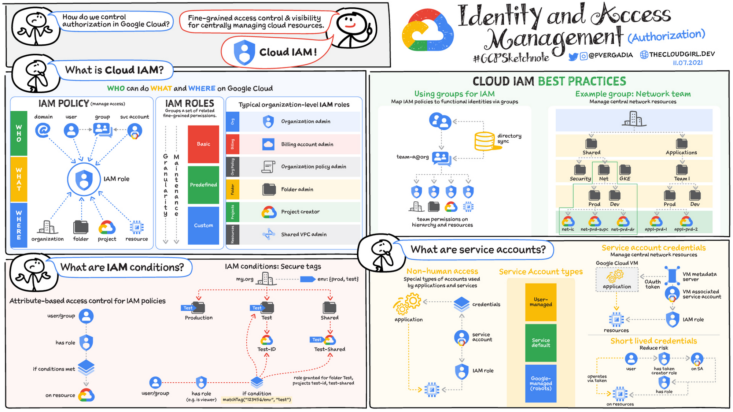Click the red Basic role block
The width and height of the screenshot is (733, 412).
[203, 144]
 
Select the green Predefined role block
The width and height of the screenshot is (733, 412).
[203, 185]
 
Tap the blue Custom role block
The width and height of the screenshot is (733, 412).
[203, 225]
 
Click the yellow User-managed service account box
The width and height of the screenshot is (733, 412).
[541, 302]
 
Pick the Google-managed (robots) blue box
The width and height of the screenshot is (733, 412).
[541, 383]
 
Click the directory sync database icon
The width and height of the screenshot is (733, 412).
[485, 141]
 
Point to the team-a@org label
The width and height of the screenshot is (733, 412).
[412, 157]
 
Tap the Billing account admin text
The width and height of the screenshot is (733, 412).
[307, 144]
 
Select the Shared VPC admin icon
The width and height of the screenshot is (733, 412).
[269, 234]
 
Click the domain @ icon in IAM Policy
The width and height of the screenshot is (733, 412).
[43, 130]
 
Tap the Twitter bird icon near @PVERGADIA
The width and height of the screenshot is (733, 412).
[573, 56]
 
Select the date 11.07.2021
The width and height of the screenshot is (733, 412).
[688, 63]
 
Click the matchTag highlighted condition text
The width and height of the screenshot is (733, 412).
[257, 400]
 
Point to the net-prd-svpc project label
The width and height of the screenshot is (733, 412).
[594, 229]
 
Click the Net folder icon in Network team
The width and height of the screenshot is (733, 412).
[604, 170]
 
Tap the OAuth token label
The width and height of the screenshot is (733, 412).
[652, 284]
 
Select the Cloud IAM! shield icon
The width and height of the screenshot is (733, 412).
[244, 52]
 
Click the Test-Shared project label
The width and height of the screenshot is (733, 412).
[329, 349]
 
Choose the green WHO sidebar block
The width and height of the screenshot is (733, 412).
[19, 133]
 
